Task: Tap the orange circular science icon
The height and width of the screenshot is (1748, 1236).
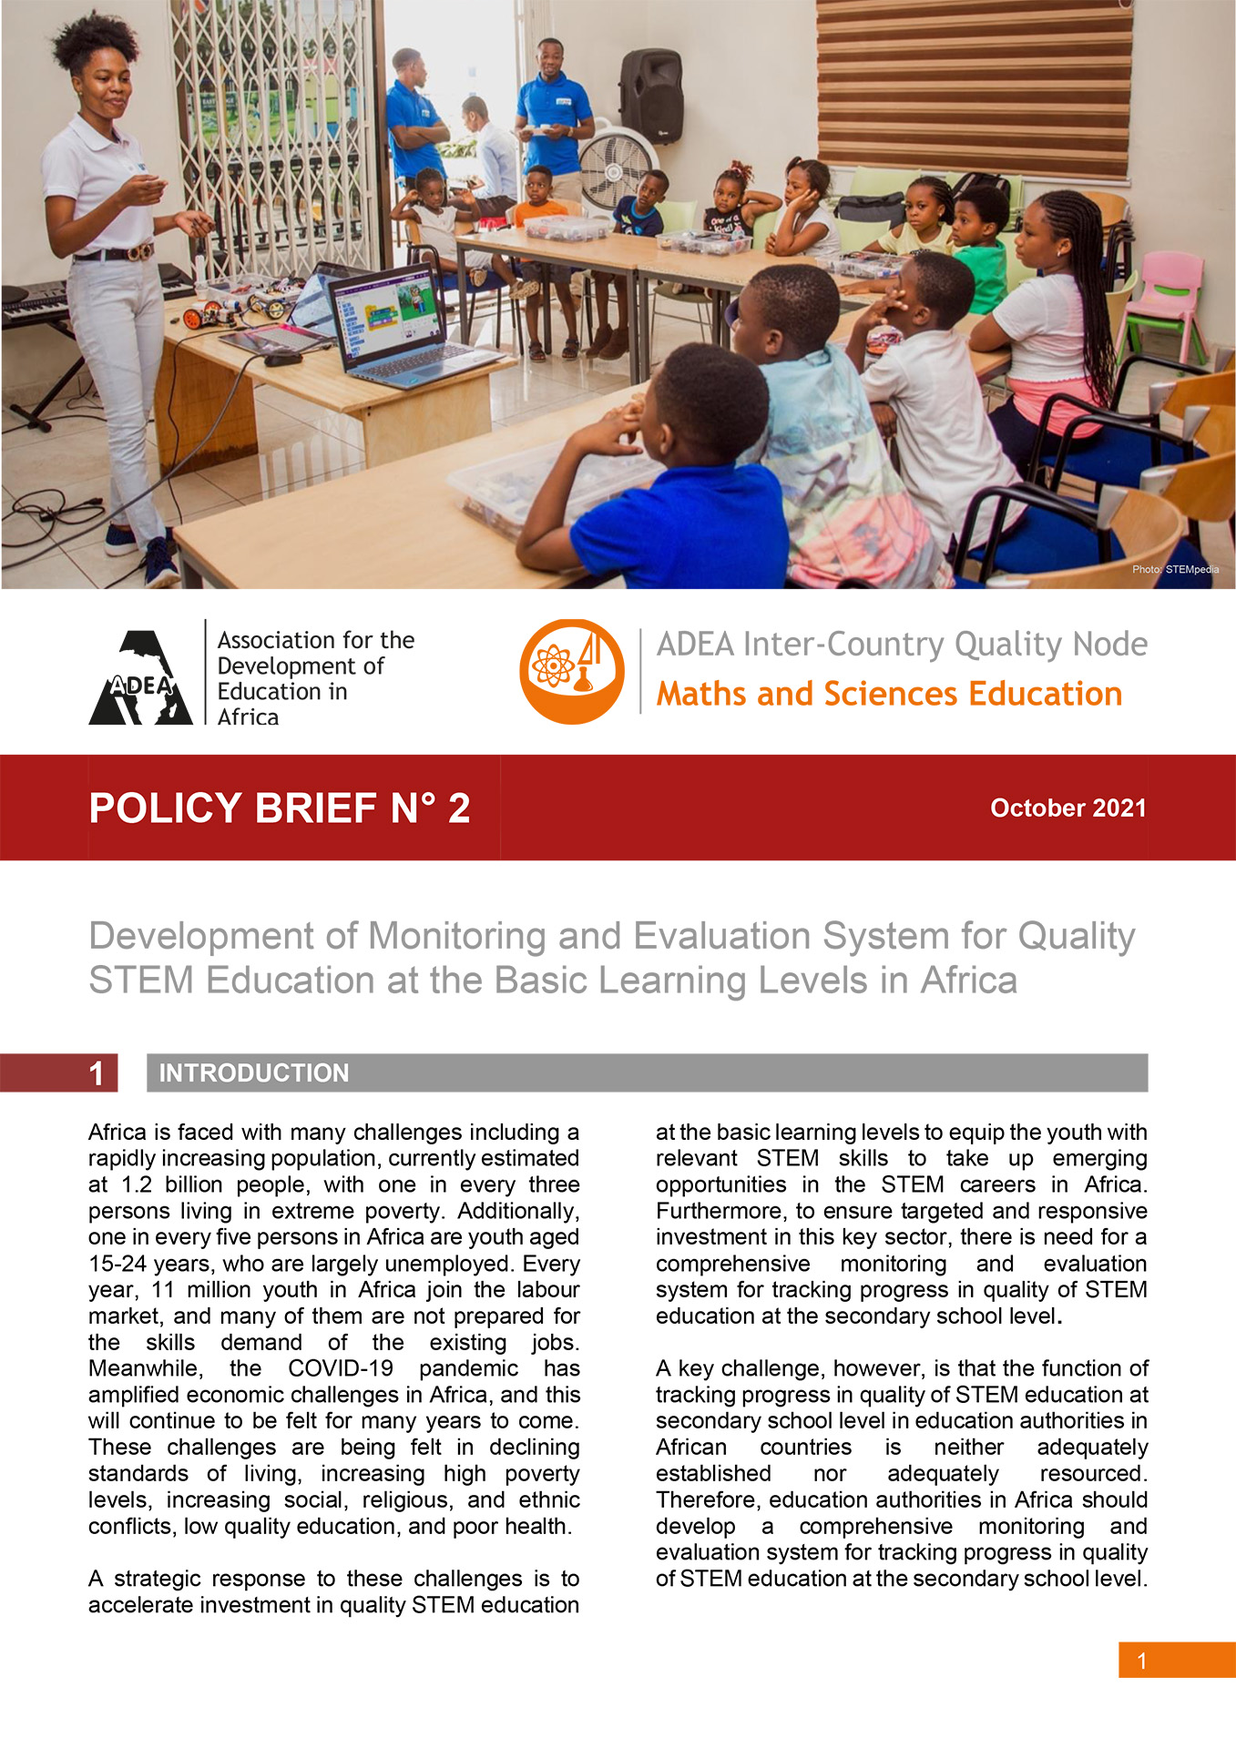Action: click(x=572, y=672)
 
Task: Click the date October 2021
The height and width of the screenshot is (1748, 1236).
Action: click(x=1067, y=808)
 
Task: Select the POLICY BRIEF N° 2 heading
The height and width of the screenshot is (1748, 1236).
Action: click(x=280, y=808)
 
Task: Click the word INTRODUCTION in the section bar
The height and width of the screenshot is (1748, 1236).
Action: click(x=254, y=1073)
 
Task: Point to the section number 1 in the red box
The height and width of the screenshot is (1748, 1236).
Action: click(x=97, y=1073)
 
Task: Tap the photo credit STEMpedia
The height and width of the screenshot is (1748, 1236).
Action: click(x=1175, y=570)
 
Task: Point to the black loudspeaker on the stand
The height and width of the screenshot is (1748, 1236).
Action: click(x=650, y=96)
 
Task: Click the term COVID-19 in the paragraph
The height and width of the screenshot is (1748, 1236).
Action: click(x=341, y=1369)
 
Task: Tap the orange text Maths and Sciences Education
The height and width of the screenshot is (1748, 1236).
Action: click(x=889, y=695)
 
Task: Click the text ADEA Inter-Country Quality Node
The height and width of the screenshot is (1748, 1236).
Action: click(x=902, y=645)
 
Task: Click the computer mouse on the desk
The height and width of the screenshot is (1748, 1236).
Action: click(x=283, y=359)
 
